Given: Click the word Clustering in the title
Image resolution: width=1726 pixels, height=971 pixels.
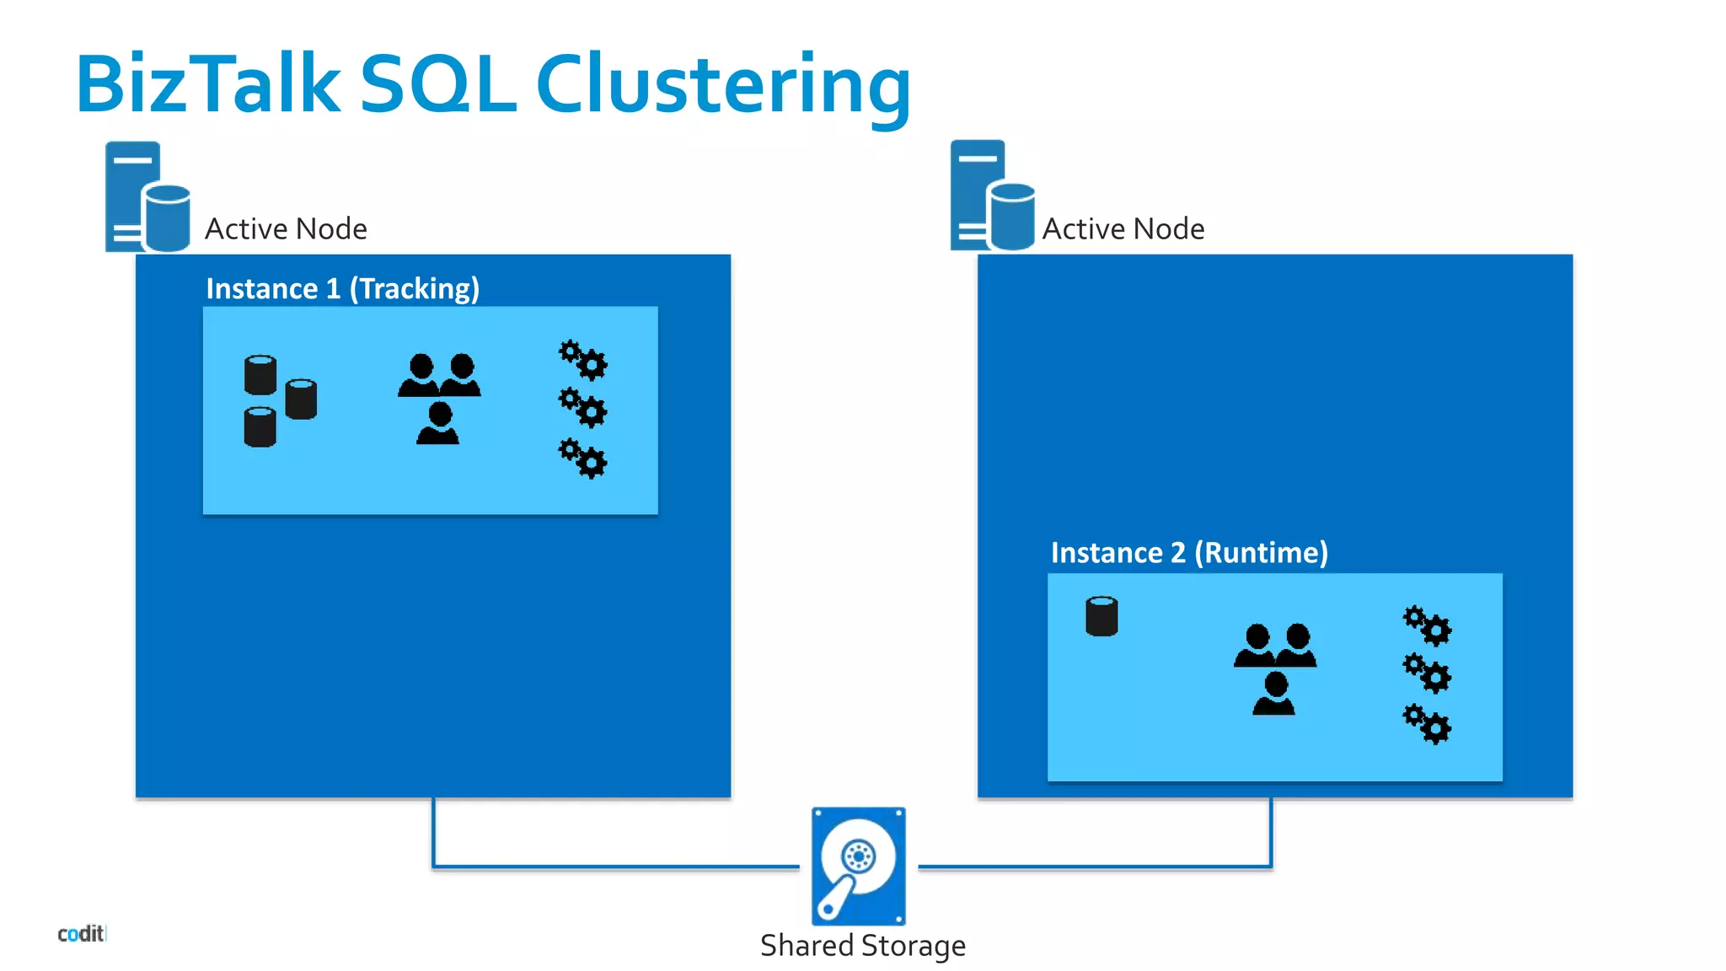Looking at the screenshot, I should (x=723, y=85).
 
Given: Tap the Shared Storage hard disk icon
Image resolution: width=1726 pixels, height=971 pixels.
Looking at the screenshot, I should (x=858, y=866).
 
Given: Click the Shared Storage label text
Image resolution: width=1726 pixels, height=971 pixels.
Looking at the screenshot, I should (x=862, y=946).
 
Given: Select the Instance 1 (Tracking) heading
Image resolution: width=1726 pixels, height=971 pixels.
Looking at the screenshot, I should (x=342, y=289).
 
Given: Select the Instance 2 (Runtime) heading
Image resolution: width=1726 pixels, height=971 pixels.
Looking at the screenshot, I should (x=1188, y=553).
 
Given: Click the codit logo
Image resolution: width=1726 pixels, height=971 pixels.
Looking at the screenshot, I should (x=81, y=933).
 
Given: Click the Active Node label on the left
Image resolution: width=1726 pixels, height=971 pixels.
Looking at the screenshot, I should (x=286, y=229).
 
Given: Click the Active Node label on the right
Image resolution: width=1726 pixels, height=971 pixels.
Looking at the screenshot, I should (x=1123, y=229).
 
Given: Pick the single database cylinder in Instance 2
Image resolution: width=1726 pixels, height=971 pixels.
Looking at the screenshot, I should (x=1102, y=616).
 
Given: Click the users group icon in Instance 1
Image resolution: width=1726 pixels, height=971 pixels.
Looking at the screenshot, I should (x=439, y=399).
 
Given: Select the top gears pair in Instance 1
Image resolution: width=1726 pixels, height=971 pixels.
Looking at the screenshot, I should (x=582, y=360).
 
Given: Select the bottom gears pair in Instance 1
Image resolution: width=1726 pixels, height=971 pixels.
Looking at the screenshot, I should (x=582, y=459).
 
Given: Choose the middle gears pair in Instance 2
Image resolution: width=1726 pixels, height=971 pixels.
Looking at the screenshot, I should (x=1427, y=673).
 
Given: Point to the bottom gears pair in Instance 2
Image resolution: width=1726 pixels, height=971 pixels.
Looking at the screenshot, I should (x=1427, y=724).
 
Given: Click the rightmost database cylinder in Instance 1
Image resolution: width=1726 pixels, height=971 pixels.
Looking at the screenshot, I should (x=301, y=399).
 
